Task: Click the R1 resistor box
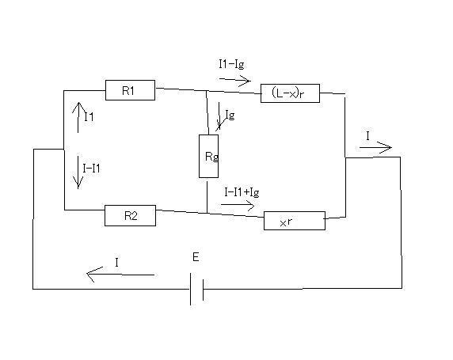(130, 90)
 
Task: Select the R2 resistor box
(130, 215)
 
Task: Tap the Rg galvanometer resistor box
(208, 156)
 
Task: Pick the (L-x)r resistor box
(290, 93)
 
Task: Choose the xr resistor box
(295, 221)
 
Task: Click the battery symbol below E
(196, 289)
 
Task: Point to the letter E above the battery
(196, 256)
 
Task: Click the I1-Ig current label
(231, 64)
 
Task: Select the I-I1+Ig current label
(242, 192)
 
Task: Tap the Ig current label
(230, 115)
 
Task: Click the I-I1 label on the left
(91, 168)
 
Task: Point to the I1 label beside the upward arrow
(89, 116)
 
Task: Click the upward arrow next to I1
(78, 117)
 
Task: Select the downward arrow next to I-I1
(78, 172)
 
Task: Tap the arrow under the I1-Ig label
(235, 80)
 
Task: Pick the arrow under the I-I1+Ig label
(238, 205)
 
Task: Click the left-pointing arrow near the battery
(120, 275)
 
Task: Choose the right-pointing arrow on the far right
(375, 147)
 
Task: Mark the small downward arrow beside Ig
(219, 116)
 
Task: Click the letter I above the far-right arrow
(367, 135)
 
